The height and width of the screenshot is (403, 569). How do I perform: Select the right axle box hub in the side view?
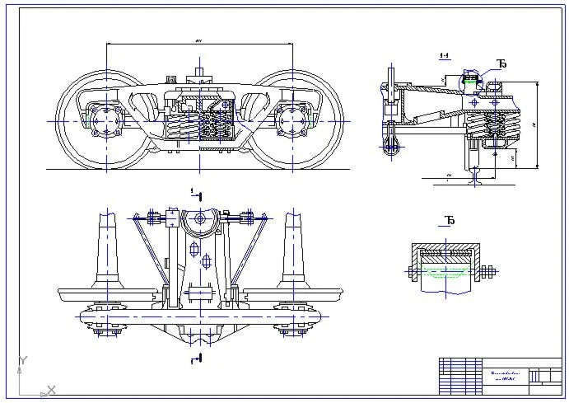point(292,120)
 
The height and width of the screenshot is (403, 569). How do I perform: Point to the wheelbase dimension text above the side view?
point(199,40)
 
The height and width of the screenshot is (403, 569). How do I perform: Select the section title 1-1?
point(445,56)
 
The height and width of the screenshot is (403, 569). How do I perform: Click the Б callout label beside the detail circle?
point(501,64)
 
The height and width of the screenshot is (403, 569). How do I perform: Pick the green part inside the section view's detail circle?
point(472,81)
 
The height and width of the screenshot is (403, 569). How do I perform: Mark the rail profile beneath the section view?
point(475,175)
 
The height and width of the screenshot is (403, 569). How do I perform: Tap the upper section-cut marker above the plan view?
point(195,194)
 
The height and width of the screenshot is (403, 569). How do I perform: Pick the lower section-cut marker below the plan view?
point(195,360)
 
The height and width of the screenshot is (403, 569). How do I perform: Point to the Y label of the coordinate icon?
point(25,360)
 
